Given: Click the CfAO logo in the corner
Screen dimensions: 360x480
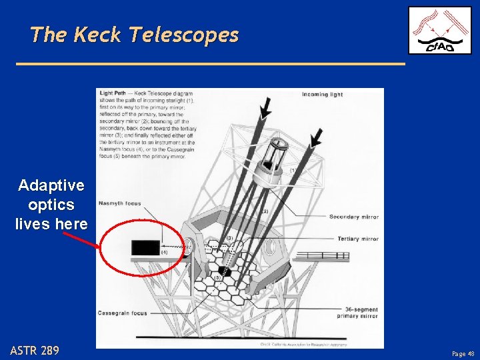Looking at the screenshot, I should pos(439,30).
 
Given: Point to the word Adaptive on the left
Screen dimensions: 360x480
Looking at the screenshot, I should pos(51,185).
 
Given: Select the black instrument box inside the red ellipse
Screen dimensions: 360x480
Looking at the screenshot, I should pos(145,247).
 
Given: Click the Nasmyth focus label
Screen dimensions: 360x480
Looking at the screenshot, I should pos(119,203).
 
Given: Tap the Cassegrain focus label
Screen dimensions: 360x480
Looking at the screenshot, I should pos(123,313).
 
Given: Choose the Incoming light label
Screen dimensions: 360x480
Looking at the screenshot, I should pos(322,95).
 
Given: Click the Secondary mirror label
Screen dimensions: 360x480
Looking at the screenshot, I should pos(353,217).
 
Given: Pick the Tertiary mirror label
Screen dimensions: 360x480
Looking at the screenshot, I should pos(357,239).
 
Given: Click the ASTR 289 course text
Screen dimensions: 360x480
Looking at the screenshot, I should pos(35,350).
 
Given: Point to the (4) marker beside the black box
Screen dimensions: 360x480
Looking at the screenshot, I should pos(164,253).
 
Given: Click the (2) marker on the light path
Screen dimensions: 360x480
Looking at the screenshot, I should pos(264,211).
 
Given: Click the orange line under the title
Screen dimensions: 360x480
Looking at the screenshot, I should pos(210,64).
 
